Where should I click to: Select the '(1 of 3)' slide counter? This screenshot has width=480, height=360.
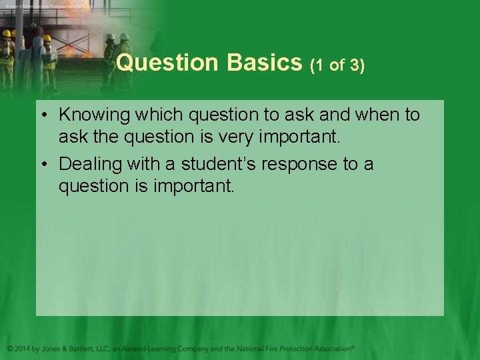[337, 65]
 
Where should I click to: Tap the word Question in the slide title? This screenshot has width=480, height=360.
[167, 63]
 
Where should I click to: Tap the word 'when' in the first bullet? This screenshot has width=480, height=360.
[376, 115]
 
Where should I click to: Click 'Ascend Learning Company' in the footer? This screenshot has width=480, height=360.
[169, 348]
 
